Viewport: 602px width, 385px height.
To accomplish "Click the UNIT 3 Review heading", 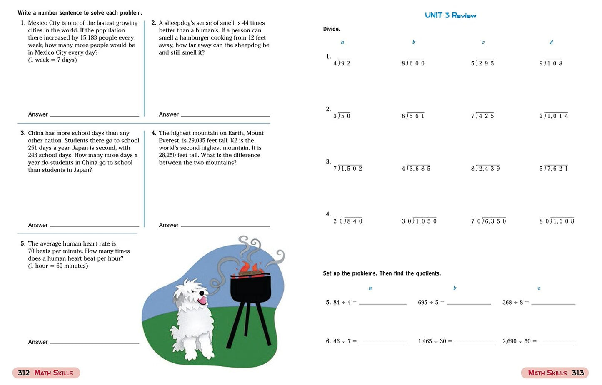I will (450, 15).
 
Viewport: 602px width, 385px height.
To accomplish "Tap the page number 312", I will (24, 373).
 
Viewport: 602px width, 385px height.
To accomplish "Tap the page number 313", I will (577, 373).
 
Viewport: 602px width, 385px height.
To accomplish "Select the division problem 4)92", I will (342, 63).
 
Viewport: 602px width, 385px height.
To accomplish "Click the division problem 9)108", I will (551, 63).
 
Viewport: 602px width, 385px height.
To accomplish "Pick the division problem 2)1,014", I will (554, 116).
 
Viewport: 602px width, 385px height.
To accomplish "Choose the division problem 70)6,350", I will (488, 221).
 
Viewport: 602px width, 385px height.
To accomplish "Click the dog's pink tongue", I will (203, 300).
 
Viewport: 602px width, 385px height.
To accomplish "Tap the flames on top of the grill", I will (249, 267).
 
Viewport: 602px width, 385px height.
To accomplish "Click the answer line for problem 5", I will (94, 343).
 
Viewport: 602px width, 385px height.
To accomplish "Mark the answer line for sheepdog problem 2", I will (225, 115).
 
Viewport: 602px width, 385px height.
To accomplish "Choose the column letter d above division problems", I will (551, 42).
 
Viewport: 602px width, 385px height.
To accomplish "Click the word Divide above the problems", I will (332, 29).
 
